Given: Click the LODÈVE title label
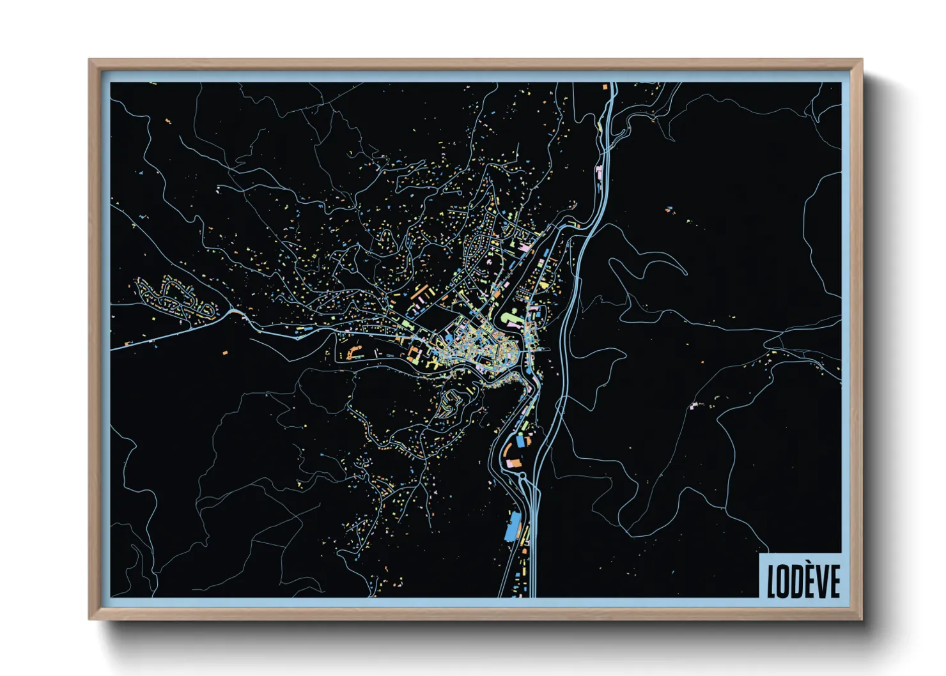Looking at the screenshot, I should [803, 580].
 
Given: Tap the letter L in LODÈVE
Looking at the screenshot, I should [771, 581].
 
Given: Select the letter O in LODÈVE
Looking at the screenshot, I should [784, 581].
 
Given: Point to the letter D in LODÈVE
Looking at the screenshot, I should [796, 581].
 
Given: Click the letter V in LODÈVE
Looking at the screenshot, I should [821, 581].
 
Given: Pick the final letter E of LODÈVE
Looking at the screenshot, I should [834, 581].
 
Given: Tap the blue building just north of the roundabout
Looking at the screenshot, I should [520, 441].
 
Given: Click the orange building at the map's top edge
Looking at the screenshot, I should [604, 86].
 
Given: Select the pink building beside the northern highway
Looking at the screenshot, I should [599, 171].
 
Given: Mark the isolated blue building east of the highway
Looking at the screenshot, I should [669, 208].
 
